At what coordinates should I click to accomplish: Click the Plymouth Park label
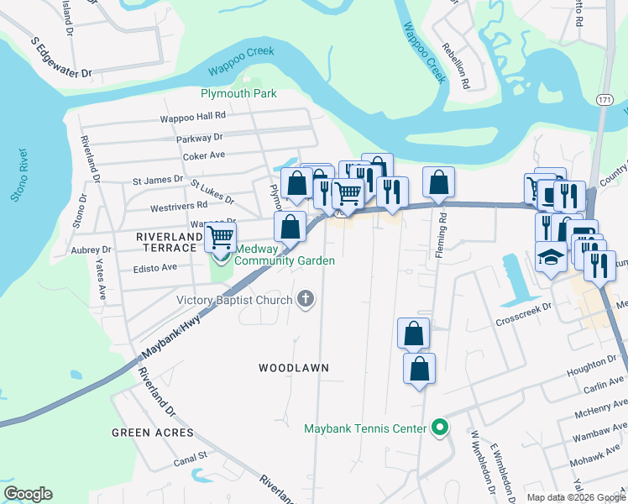pos(238,93)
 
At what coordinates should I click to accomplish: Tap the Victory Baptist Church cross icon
pos(306,299)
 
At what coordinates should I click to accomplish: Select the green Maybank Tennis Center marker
pos(438,428)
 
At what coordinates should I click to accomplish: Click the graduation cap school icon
pos(550,256)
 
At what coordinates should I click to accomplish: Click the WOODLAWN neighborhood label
pos(293,368)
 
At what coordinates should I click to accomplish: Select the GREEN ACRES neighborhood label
pos(152,433)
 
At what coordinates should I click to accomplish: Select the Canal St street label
pos(191,457)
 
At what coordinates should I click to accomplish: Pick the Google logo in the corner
pos(28,494)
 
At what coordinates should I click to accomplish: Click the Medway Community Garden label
pos(285,255)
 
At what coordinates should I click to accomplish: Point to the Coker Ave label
pos(205,155)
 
